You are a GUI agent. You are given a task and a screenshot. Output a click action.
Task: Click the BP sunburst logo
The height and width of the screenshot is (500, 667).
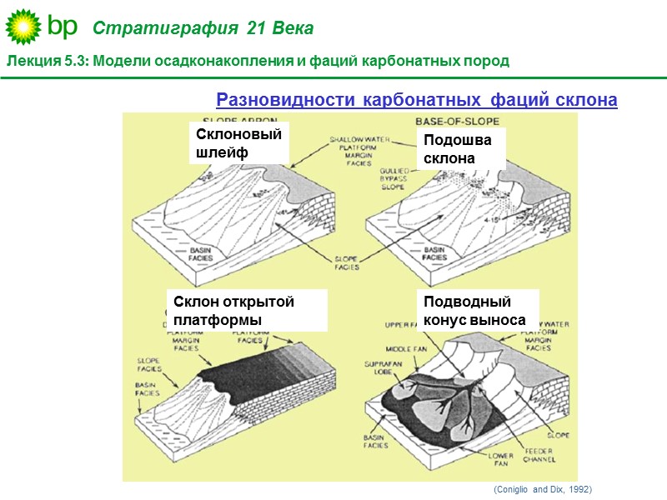click(x=23, y=27)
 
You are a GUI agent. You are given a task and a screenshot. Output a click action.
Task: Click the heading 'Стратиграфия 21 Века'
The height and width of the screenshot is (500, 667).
click(x=203, y=29)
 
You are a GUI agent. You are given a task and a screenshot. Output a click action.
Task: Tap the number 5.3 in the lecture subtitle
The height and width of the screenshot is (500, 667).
click(x=73, y=62)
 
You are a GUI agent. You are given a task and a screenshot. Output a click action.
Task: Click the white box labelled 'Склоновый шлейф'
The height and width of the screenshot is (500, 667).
click(x=239, y=143)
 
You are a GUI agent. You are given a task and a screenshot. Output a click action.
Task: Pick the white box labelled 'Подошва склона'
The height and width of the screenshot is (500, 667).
click(x=457, y=149)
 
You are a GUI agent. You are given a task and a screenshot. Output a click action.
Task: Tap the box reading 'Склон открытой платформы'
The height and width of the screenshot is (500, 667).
click(x=246, y=311)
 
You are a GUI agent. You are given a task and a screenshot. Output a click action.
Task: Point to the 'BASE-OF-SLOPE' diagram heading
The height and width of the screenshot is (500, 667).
click(x=451, y=122)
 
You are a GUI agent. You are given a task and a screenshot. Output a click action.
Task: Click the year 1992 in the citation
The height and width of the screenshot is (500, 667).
click(x=580, y=489)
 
